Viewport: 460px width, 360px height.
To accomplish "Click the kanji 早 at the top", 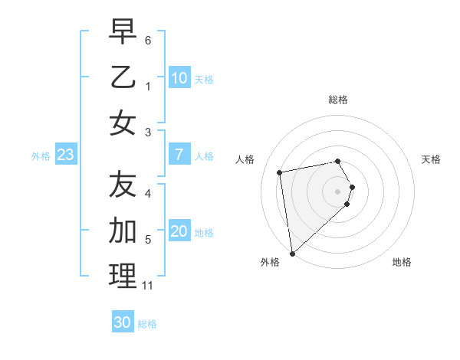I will (123, 31).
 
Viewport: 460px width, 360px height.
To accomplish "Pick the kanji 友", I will (123, 184).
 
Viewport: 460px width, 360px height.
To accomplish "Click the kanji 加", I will (123, 230).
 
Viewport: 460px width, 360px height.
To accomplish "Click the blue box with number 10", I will (179, 78).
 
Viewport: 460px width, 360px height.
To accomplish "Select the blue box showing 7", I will (179, 155).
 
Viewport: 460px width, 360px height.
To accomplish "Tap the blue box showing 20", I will (179, 232).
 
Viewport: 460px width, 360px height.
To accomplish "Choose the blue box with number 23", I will (66, 155).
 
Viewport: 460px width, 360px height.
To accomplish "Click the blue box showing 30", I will (123, 322).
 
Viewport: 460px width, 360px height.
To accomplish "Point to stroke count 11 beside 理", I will (147, 286).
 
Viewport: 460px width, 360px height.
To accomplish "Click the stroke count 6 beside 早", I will (148, 39).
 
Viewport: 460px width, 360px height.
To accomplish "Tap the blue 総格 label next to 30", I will (147, 324).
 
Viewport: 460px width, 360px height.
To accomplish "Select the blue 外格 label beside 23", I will (41, 156).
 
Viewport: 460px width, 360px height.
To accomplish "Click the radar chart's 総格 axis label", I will (338, 100).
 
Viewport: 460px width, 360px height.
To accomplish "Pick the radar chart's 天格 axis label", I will (431, 159).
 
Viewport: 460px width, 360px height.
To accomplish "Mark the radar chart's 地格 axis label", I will (402, 262).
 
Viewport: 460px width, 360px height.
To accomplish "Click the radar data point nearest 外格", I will (292, 253).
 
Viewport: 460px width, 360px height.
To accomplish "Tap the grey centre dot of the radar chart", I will (338, 190).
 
